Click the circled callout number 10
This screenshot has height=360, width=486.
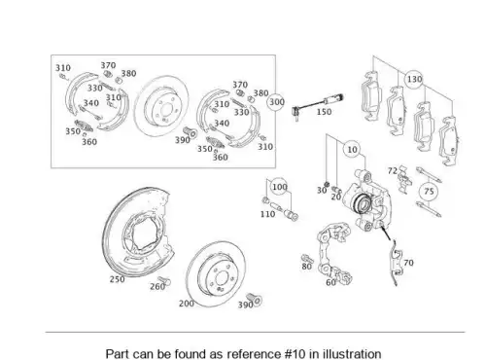pyautogui.click(x=352, y=150)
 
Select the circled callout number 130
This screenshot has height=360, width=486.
pyautogui.click(x=414, y=79)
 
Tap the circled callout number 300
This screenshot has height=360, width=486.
pyautogui.click(x=277, y=102)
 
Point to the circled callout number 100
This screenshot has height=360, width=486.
pyautogui.click(x=279, y=187)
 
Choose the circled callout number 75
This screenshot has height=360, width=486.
pyautogui.click(x=429, y=192)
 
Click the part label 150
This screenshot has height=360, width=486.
pyautogui.click(x=324, y=112)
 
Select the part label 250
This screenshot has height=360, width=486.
pyautogui.click(x=117, y=279)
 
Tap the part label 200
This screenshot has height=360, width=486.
pyautogui.click(x=187, y=304)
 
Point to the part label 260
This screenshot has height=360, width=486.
pyautogui.click(x=157, y=287)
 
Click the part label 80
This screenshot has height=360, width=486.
pyautogui.click(x=306, y=267)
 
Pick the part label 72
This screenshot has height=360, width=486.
pyautogui.click(x=393, y=170)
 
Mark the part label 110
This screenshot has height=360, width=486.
pyautogui.click(x=267, y=214)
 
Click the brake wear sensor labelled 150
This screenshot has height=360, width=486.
pyautogui.click(x=318, y=104)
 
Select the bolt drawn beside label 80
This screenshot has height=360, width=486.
pyautogui.click(x=307, y=259)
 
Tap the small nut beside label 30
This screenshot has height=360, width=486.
pyautogui.click(x=327, y=184)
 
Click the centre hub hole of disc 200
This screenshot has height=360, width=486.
pyautogui.click(x=222, y=278)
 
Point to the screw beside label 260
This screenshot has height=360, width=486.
pyautogui.click(x=164, y=280)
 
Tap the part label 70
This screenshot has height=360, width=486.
pyautogui.click(x=408, y=263)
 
